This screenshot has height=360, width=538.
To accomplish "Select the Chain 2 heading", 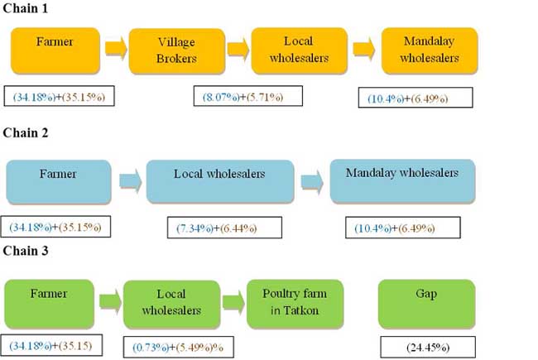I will [26, 132].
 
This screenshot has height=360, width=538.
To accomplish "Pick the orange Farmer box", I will [55, 49].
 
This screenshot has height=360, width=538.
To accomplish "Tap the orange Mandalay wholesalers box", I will [429, 49].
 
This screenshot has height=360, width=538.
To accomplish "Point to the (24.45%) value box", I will [427, 346].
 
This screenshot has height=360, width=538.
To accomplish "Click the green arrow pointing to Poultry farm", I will [233, 303].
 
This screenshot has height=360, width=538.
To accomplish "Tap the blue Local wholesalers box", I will [219, 181].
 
